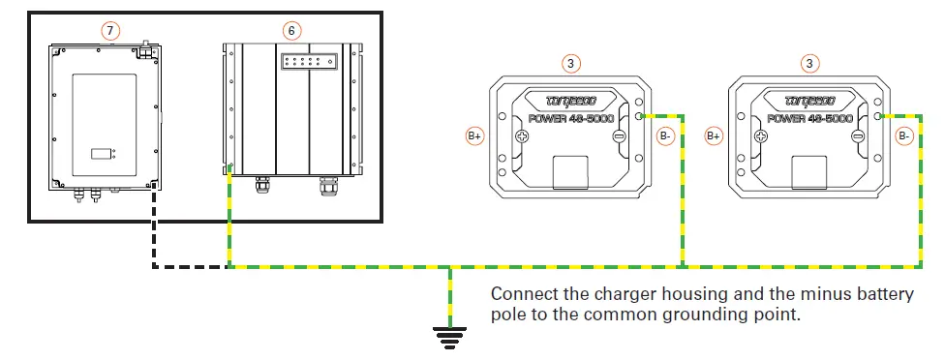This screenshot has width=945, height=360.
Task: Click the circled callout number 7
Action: click(111, 30)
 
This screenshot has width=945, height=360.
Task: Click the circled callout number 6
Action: click(291, 30)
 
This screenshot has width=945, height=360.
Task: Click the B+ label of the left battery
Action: click(475, 136)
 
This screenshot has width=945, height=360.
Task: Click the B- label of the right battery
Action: click(903, 136)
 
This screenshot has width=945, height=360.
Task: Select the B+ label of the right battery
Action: click(713, 136)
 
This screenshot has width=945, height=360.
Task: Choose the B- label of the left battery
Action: click(666, 136)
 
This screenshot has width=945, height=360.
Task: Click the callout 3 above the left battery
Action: click(572, 63)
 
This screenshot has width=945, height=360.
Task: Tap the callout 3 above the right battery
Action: click(809, 63)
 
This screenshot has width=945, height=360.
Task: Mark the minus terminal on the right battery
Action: click(858, 136)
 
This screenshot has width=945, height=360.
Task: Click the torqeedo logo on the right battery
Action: click(809, 100)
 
